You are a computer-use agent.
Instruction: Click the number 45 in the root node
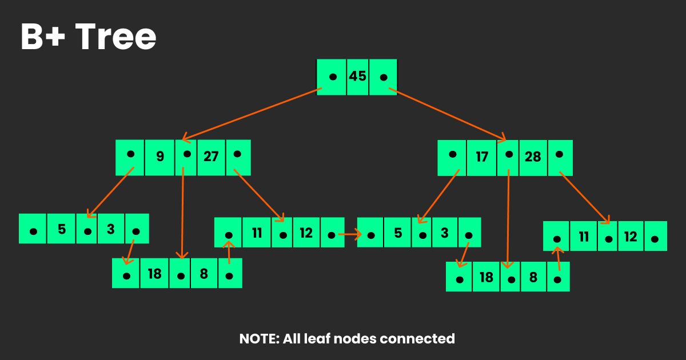pyautogui.click(x=357, y=76)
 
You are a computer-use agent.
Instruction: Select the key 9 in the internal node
pyautogui.click(x=160, y=156)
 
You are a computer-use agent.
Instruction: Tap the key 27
pyautogui.click(x=211, y=156)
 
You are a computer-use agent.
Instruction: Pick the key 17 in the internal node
pyautogui.click(x=482, y=157)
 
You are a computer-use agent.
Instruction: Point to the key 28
pyautogui.click(x=533, y=157)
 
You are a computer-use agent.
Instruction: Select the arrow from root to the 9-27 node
pyautogui.click(x=252, y=114)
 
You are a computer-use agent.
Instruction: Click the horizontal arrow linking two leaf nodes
pyautogui.click(x=350, y=234)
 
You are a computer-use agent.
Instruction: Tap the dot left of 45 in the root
pyautogui.click(x=333, y=77)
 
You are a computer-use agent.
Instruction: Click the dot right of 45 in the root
pyautogui.click(x=384, y=77)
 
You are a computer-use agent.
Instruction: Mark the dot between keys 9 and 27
pyautogui.click(x=186, y=154)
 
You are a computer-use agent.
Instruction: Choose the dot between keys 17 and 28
pyautogui.click(x=508, y=154)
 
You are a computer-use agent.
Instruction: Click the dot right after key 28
pyautogui.click(x=560, y=154)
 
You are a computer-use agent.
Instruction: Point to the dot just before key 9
pyautogui.click(x=131, y=154)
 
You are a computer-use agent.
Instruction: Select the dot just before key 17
pyautogui.click(x=453, y=154)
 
